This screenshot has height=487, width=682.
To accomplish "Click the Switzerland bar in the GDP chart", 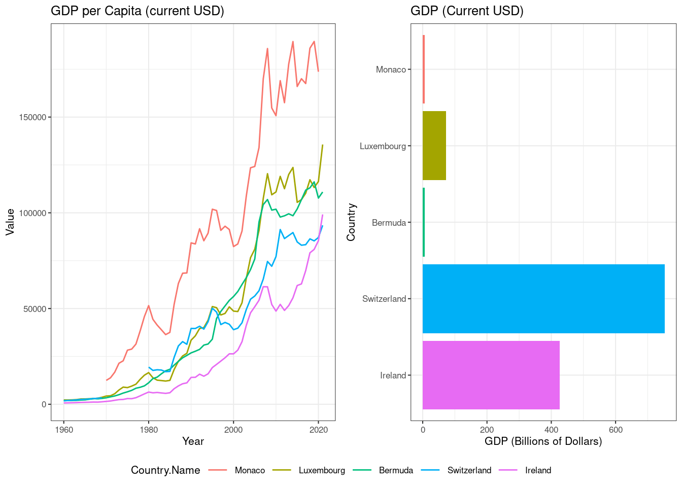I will tap(543, 299).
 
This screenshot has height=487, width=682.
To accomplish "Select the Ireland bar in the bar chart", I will tap(491, 375).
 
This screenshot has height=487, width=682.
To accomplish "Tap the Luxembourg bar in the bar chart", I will tap(434, 146).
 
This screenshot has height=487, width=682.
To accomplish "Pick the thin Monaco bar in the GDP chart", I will tap(424, 69).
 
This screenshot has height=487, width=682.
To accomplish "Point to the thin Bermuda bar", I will tap(424, 222).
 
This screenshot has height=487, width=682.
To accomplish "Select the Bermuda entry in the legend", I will tap(395, 470).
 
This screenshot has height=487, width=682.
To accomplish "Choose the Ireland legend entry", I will tap(537, 470).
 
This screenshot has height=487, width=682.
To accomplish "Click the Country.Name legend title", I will tap(165, 470).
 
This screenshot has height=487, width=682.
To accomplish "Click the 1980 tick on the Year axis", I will tap(148, 430).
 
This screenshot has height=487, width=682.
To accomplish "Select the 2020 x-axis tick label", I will tap(318, 430).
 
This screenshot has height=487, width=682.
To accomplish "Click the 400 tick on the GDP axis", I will tap(551, 430).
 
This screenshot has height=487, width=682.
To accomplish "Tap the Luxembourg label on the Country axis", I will tap(383, 146).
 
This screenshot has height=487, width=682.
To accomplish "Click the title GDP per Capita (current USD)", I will tap(137, 11).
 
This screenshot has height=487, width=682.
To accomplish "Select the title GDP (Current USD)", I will tap(467, 11).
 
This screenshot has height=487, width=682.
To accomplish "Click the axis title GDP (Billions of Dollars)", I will tap(543, 441).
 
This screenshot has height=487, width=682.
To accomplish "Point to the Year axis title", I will tap(193, 441).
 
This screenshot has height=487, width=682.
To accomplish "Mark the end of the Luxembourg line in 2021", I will tap(323, 145).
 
